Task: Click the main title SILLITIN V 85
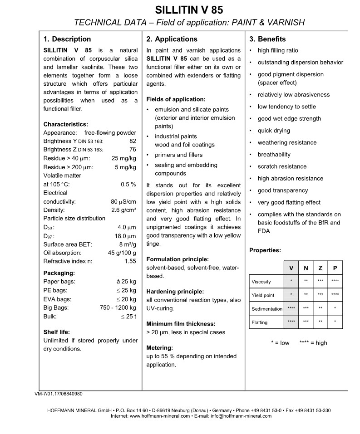(189, 10)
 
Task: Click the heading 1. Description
(67, 39)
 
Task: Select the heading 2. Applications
(172, 39)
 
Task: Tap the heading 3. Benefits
(267, 39)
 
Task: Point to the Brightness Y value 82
(133, 141)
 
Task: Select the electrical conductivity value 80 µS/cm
(123, 201)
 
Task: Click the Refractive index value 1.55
(130, 261)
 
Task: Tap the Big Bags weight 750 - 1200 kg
(118, 307)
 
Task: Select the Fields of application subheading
(176, 99)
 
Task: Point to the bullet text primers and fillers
(178, 155)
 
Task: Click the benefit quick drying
(274, 131)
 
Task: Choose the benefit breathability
(274, 155)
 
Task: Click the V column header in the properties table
(291, 268)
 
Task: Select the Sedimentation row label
(267, 309)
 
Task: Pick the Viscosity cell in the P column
(335, 281)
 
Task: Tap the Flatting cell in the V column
(291, 322)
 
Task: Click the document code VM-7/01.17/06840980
(59, 394)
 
